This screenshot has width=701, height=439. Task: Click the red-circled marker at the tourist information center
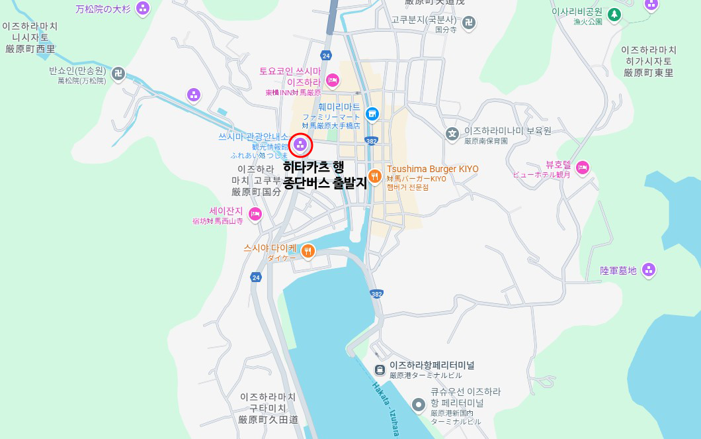[300, 144]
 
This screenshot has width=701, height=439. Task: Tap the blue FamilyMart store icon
[372, 114]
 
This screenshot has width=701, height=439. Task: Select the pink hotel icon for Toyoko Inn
[332, 80]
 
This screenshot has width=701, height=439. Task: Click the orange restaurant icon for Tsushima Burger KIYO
[375, 175]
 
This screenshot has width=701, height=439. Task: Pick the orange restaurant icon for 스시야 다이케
[308, 251]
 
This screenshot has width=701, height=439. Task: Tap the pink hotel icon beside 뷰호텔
[582, 167]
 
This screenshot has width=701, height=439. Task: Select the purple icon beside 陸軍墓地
[649, 269]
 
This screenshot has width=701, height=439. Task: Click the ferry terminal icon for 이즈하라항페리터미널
[380, 369]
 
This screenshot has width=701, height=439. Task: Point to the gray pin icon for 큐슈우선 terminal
[418, 404]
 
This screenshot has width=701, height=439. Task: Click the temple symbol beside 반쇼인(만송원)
[118, 73]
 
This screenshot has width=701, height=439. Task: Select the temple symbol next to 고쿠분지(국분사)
[468, 23]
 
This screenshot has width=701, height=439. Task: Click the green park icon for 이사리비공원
[614, 13]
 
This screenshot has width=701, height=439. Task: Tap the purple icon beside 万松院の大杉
[142, 9]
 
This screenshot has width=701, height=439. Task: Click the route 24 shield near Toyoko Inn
[325, 55]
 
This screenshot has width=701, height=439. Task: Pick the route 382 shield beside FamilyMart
[371, 141]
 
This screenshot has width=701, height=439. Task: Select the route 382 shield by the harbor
[377, 293]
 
